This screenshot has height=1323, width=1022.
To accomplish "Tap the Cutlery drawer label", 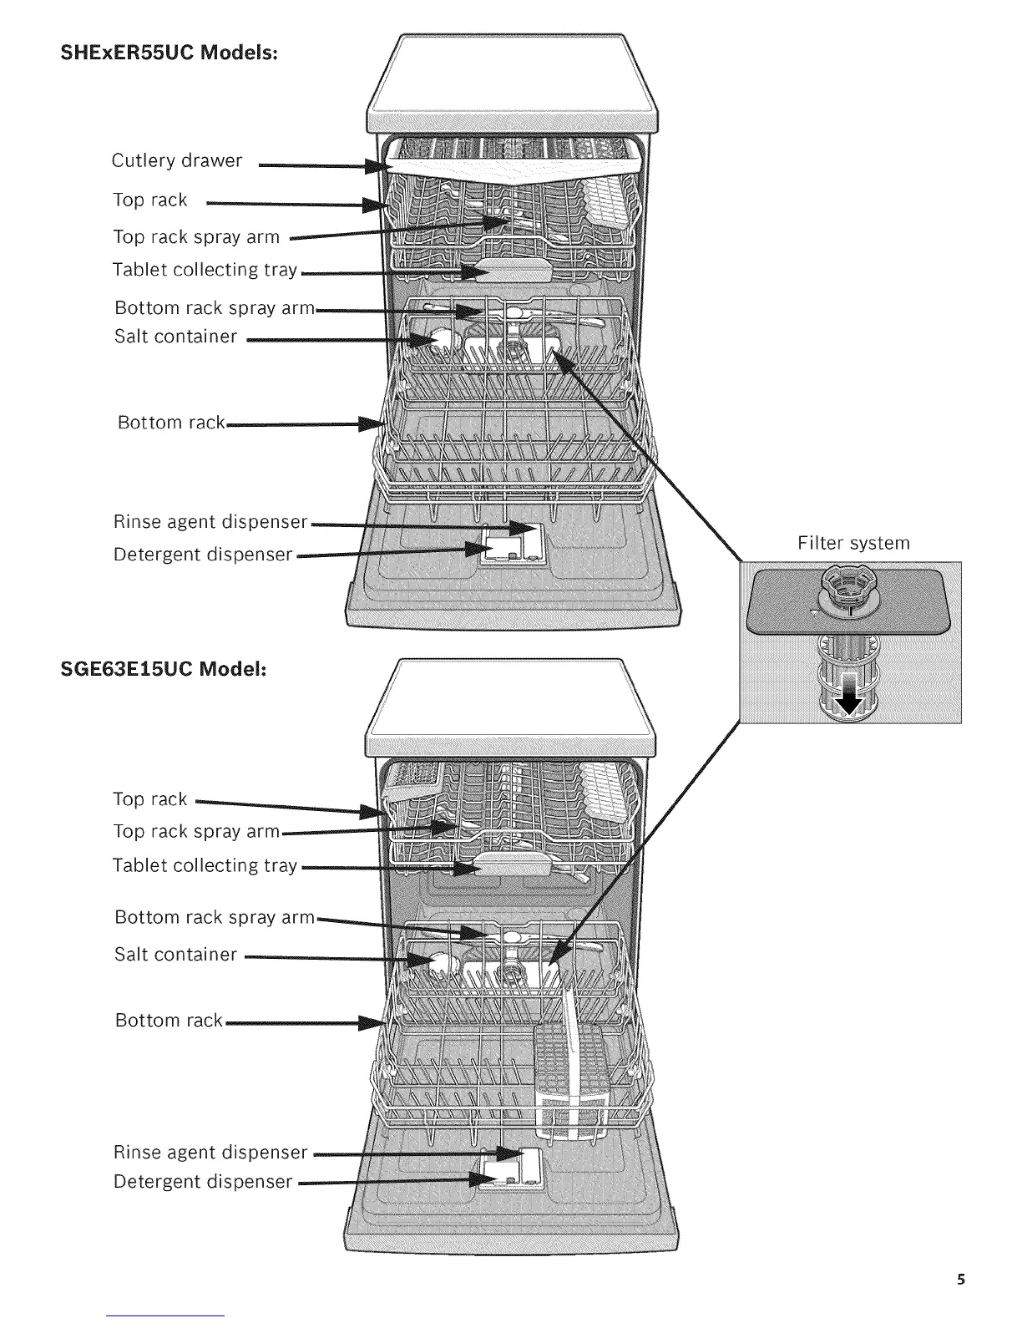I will point(177,160).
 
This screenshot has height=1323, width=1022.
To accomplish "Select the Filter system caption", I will point(853,544).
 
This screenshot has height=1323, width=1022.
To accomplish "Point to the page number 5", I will point(961,1280).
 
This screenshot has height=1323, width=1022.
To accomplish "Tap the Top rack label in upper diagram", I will point(150,200).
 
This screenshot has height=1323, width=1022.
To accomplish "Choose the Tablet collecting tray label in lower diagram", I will point(205,865).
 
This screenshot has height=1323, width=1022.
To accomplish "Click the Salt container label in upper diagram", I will point(176,337).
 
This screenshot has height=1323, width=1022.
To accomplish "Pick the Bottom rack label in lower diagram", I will point(169,1021).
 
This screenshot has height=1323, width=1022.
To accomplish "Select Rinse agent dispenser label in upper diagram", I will point(211,522).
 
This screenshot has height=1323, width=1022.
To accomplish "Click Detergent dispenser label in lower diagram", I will point(204,1182).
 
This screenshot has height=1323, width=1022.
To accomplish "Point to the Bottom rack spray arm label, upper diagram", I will point(215,308).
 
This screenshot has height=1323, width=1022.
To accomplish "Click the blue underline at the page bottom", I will point(165,1315).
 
